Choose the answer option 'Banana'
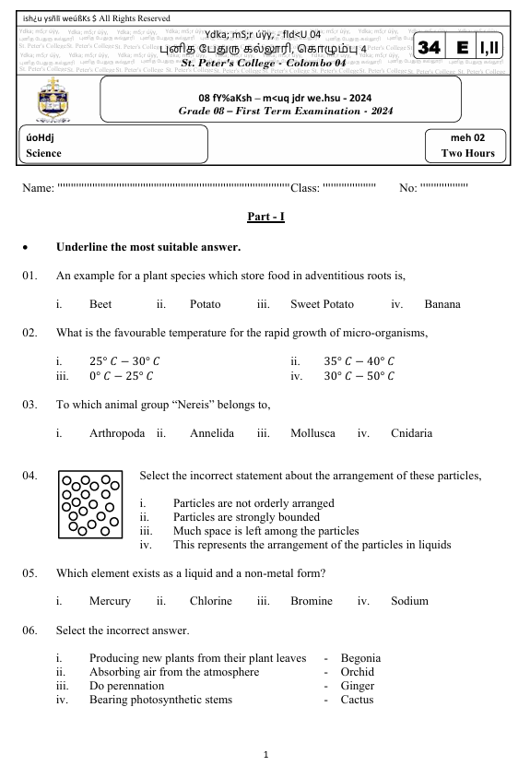442,303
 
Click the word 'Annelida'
212,430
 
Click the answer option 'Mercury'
110,601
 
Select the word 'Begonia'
360,658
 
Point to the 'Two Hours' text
467,153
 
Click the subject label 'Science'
44,153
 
